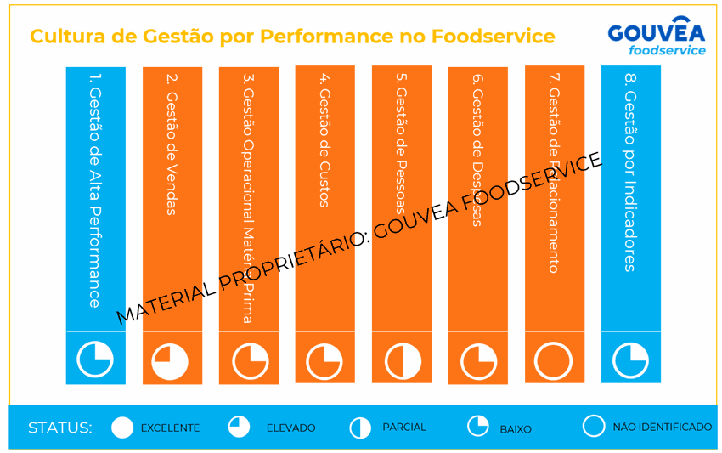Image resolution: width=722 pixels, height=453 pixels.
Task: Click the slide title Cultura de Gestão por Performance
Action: pyautogui.click(x=292, y=37)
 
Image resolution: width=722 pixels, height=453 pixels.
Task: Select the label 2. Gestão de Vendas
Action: pyautogui.click(x=172, y=144)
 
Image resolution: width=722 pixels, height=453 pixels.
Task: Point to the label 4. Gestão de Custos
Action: pyautogui.click(x=324, y=140)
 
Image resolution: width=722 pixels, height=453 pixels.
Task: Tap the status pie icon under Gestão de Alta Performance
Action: pyautogui.click(x=95, y=359)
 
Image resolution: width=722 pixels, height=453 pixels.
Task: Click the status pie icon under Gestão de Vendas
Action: pyautogui.click(x=172, y=362)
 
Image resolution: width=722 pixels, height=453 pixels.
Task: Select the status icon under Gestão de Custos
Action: pyautogui.click(x=324, y=362)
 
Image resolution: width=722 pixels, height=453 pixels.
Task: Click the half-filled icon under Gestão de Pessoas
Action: pyautogui.click(x=401, y=362)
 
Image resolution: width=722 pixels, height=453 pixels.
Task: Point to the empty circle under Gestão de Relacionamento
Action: pyautogui.click(x=554, y=360)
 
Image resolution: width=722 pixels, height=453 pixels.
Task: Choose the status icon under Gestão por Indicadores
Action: pyautogui.click(x=630, y=360)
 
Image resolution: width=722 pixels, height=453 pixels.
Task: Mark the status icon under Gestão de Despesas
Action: pyautogui.click(x=477, y=362)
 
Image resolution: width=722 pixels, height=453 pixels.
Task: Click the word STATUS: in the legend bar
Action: pyautogui.click(x=59, y=428)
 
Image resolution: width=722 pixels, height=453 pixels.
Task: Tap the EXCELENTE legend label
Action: pyautogui.click(x=170, y=428)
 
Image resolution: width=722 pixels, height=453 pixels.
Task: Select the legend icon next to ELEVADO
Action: pyautogui.click(x=240, y=427)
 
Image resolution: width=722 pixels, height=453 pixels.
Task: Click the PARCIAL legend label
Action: pyautogui.click(x=404, y=427)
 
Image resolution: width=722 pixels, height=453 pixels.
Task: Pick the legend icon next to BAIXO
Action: pyautogui.click(x=478, y=426)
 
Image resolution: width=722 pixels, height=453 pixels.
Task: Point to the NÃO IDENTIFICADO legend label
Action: pyautogui.click(x=663, y=427)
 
